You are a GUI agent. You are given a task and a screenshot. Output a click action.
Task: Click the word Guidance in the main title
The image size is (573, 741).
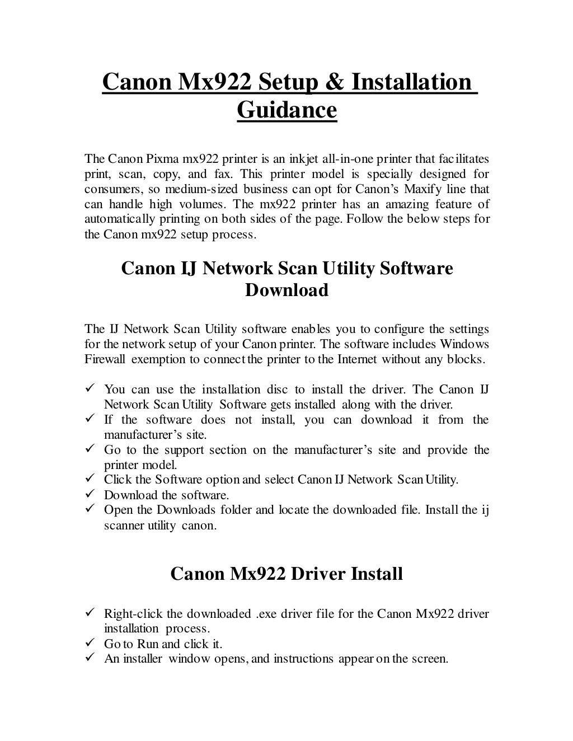(x=286, y=110)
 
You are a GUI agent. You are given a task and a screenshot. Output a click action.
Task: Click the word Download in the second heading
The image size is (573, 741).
(x=286, y=290)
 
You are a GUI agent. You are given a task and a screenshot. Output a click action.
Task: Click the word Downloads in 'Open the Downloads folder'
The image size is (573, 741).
(x=186, y=510)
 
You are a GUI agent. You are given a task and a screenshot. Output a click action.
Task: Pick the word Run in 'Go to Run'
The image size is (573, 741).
(x=148, y=644)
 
